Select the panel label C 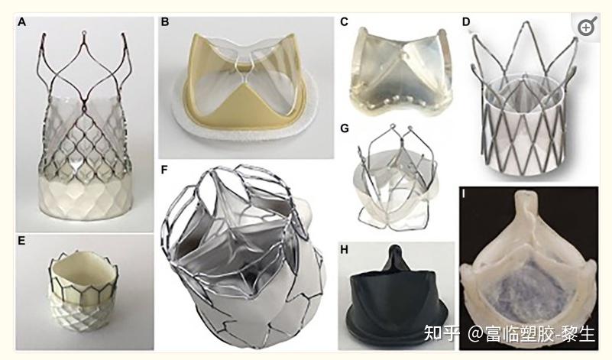click(x=345, y=21)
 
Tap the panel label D click(x=466, y=21)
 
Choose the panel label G click(x=345, y=128)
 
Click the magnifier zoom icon click(x=586, y=28)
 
